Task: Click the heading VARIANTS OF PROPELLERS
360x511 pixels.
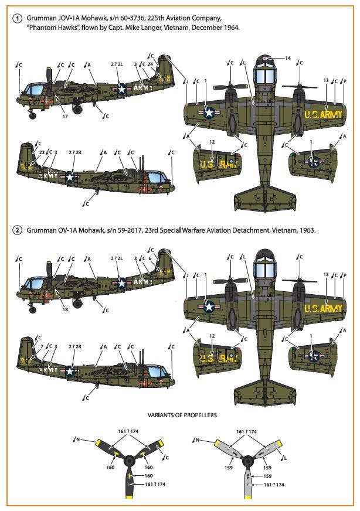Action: click(179, 415)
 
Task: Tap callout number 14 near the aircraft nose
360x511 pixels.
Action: click(288, 58)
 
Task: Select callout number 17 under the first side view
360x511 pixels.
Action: click(65, 117)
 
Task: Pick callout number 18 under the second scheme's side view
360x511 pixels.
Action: click(65, 308)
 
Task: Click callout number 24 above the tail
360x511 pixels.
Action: click(150, 64)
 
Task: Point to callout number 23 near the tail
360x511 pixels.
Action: click(42, 152)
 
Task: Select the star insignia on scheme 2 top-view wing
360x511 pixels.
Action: click(208, 306)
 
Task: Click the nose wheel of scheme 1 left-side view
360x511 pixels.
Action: click(32, 116)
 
